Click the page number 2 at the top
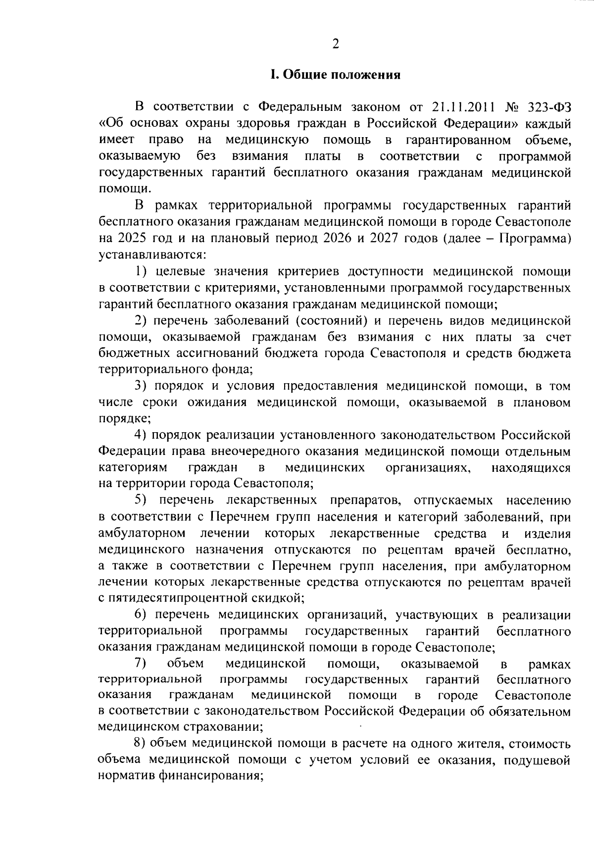click(336, 45)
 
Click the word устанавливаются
click(151, 254)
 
